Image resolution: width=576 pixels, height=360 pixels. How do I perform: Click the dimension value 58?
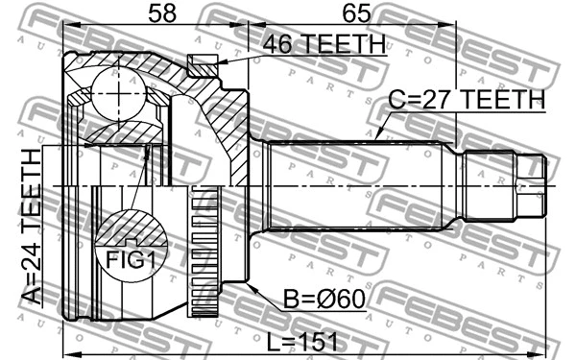pyautogui.click(x=163, y=15)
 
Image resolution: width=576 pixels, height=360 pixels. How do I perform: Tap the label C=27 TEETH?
pyautogui.click(x=467, y=99)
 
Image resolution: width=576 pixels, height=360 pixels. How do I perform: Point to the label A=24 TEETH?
pyautogui.click(x=31, y=227)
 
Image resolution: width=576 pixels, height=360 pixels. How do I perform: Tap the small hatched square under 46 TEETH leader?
pyautogui.click(x=203, y=66)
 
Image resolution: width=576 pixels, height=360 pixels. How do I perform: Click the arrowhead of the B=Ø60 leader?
pyautogui.click(x=250, y=285)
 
